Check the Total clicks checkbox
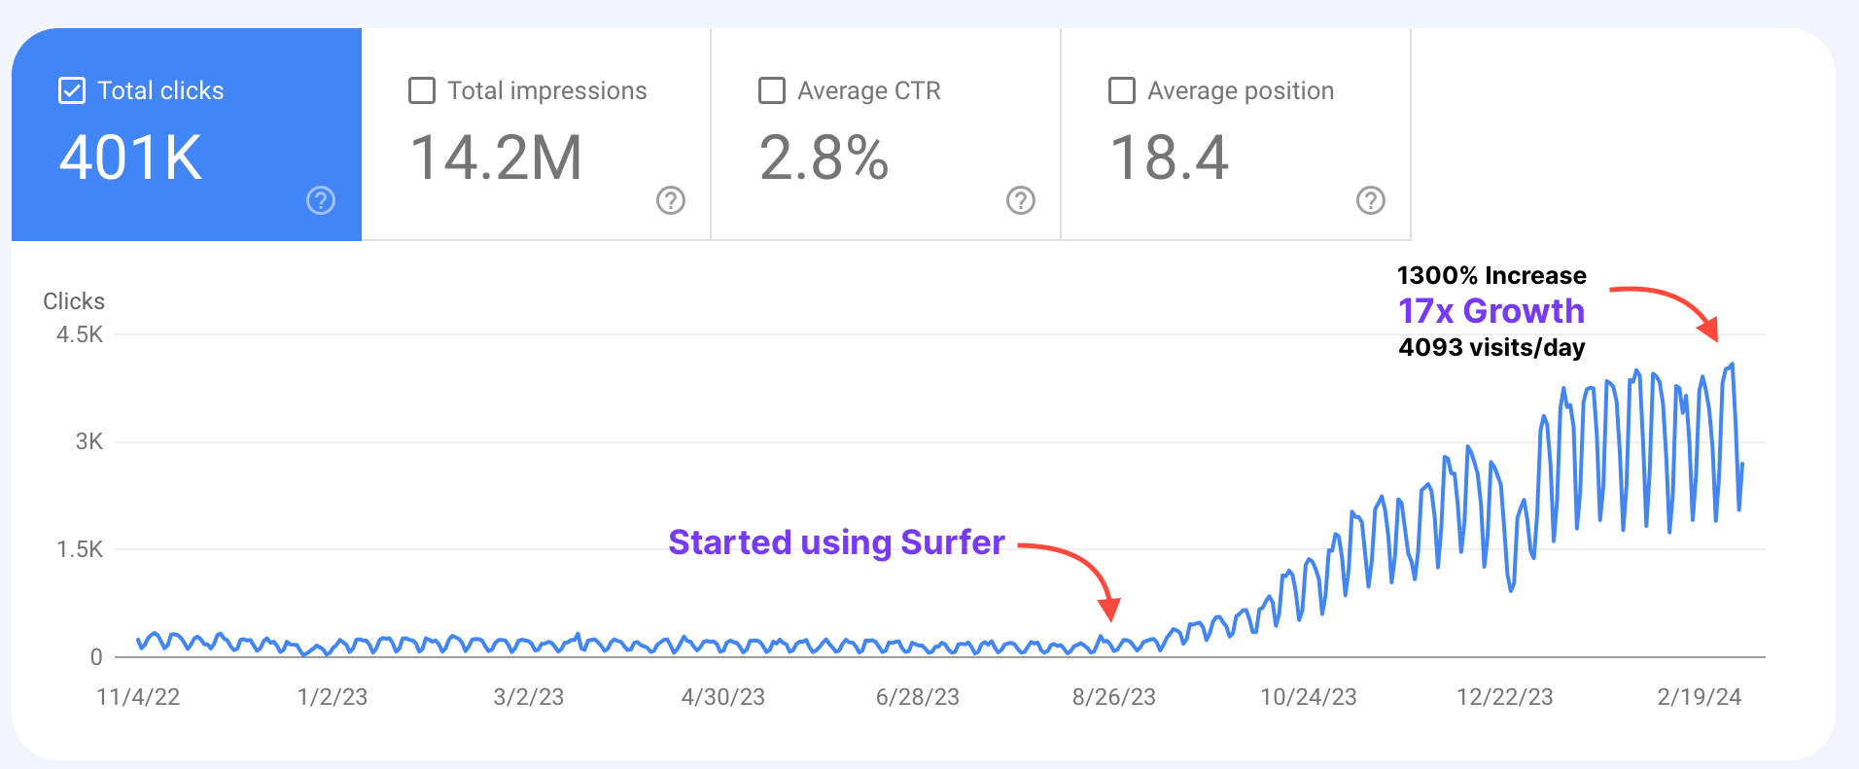click(72, 90)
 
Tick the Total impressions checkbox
click(422, 90)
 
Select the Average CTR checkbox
click(772, 90)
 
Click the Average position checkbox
click(1122, 90)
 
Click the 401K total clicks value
click(130, 157)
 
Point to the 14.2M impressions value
click(496, 157)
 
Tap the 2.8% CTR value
click(824, 157)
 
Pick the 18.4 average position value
click(1170, 157)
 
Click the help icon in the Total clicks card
click(321, 200)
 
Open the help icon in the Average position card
click(1371, 200)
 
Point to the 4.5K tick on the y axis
click(80, 334)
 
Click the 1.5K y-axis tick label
click(80, 549)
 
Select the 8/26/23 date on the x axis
click(1113, 697)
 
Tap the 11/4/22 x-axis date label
click(138, 697)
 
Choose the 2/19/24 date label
click(1699, 697)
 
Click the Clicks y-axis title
click(74, 301)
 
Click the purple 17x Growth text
click(1491, 311)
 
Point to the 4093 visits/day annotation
click(1491, 347)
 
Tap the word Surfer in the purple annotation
click(953, 542)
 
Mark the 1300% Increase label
click(1491, 275)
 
